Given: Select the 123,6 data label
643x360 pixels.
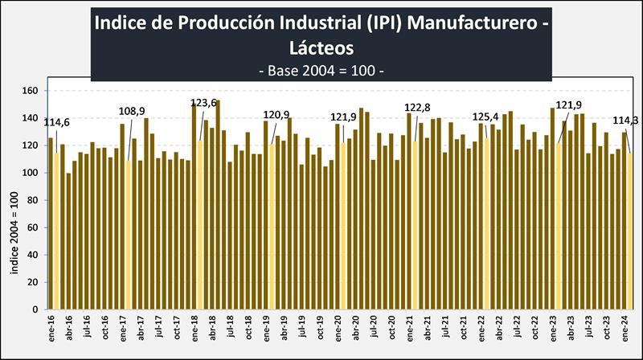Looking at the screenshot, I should [203, 103].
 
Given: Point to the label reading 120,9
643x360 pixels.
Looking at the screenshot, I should [277, 115].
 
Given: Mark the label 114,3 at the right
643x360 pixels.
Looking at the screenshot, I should [627, 121].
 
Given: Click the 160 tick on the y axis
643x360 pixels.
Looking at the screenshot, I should [32, 91].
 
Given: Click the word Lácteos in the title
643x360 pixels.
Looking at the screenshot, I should [321, 48].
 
